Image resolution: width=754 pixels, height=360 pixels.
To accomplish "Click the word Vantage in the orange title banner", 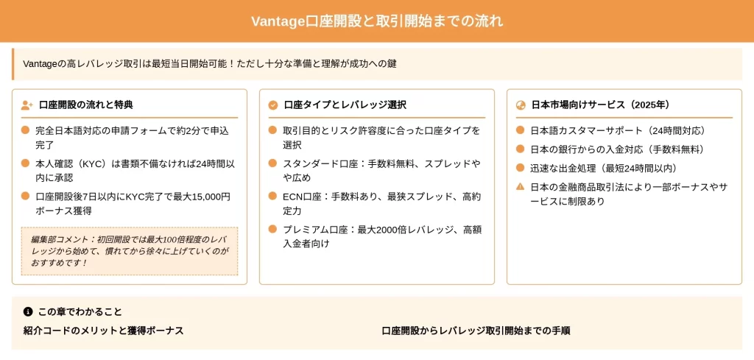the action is click(x=278, y=21).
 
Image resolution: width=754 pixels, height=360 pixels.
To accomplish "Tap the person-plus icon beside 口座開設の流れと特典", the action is click(x=27, y=105).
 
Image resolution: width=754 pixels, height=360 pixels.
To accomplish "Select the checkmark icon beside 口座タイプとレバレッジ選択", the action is click(x=273, y=105).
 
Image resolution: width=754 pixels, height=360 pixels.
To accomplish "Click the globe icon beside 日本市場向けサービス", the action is click(x=521, y=105).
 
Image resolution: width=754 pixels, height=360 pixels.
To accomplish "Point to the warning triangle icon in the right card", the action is click(x=520, y=186).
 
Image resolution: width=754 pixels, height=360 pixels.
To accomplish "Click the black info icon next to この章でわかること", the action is click(x=28, y=312).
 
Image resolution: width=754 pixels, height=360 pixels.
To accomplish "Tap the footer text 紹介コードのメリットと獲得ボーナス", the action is click(x=103, y=331).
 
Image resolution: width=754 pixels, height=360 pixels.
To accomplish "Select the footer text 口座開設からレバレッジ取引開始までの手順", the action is click(x=476, y=331).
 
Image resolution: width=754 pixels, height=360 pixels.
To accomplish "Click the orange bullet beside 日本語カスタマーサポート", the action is click(x=520, y=130).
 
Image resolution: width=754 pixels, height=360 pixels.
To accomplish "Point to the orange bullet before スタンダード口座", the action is click(x=272, y=163).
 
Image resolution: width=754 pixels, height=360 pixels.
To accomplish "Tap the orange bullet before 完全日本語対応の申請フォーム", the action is click(x=26, y=130).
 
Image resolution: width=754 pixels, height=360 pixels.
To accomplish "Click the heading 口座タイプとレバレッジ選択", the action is click(x=345, y=105).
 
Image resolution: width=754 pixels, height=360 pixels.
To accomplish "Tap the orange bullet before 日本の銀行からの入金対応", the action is click(x=520, y=149).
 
